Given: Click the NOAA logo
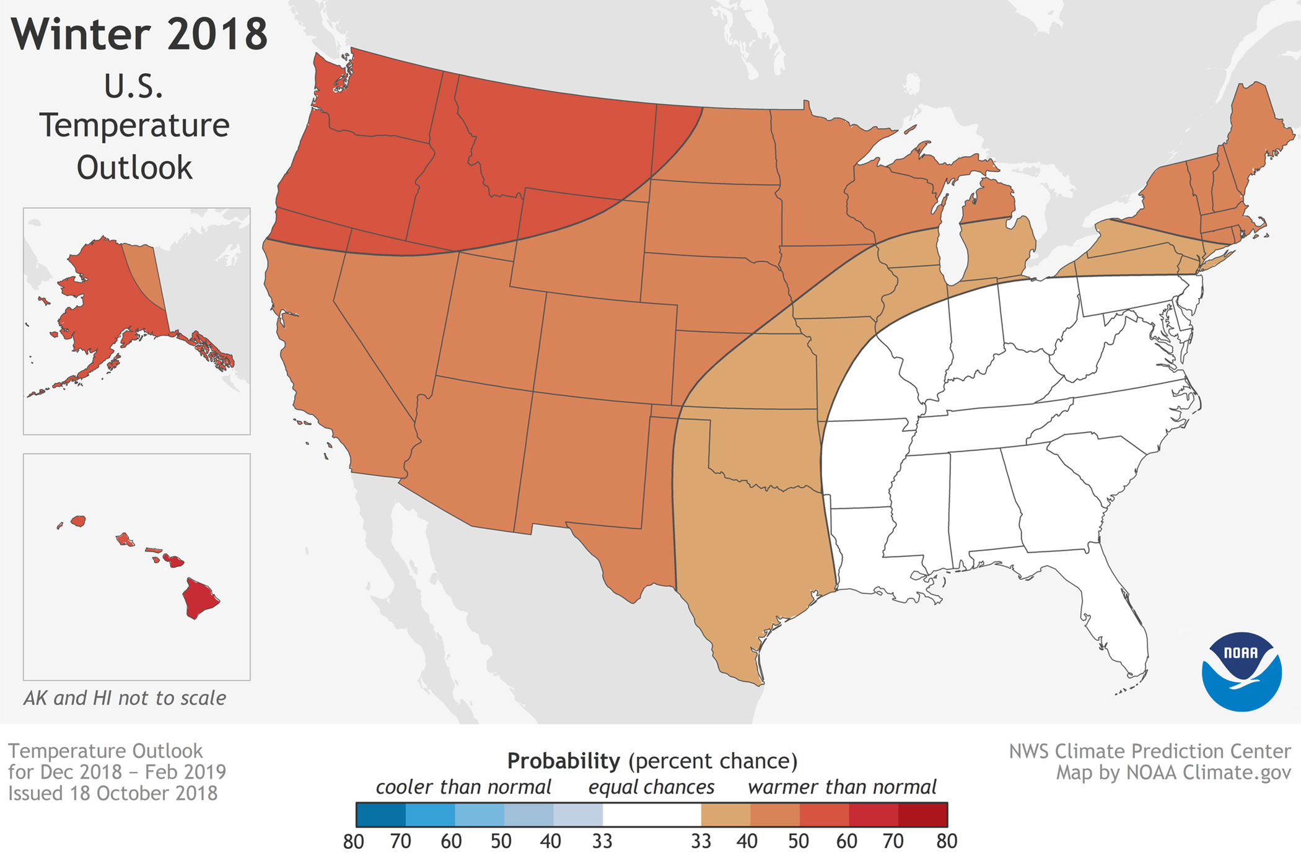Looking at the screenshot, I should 1241,671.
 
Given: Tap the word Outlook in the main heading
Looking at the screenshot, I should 134,168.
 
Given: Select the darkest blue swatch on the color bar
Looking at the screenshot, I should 380,815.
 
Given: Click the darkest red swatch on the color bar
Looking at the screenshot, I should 922,815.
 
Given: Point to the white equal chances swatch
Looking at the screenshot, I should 651,815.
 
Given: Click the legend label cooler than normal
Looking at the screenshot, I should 463,787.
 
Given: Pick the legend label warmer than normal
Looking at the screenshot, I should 842,787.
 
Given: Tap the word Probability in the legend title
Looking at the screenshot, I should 563,761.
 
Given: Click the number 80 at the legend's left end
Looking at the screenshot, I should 353,841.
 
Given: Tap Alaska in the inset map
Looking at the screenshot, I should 105,297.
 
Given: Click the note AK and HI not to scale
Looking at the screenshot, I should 125,698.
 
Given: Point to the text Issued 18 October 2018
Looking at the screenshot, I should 113,794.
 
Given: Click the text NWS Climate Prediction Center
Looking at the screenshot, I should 1150,752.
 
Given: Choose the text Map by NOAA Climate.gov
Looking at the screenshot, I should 1173,773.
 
